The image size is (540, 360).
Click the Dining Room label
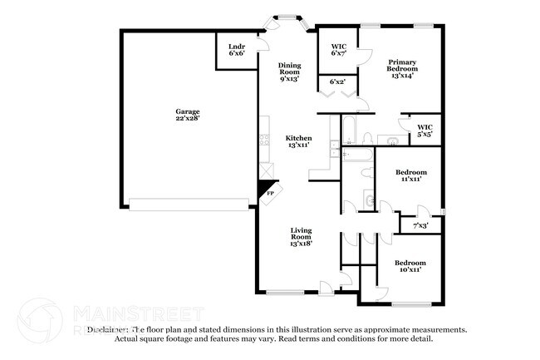288,69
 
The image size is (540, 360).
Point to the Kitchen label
298,138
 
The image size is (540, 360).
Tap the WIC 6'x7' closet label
337,50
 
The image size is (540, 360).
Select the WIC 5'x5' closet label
425,131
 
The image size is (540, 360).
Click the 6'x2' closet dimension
337,81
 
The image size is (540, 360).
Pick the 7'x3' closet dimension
421,224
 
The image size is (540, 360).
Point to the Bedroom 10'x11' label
410,266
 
